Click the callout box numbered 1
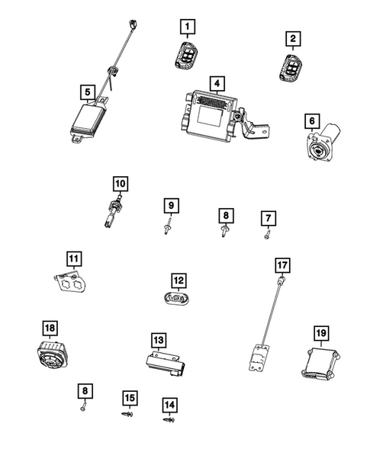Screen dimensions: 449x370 (184, 27)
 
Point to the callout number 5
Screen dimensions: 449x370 (88, 93)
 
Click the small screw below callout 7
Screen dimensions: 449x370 (265, 236)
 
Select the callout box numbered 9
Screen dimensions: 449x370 (172, 205)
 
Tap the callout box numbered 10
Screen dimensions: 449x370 (121, 184)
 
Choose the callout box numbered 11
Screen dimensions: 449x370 (72, 258)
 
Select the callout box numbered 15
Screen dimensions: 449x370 (130, 397)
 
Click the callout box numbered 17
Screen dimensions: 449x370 (282, 265)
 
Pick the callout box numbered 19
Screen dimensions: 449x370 (320, 332)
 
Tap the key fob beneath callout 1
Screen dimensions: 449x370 (185, 56)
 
